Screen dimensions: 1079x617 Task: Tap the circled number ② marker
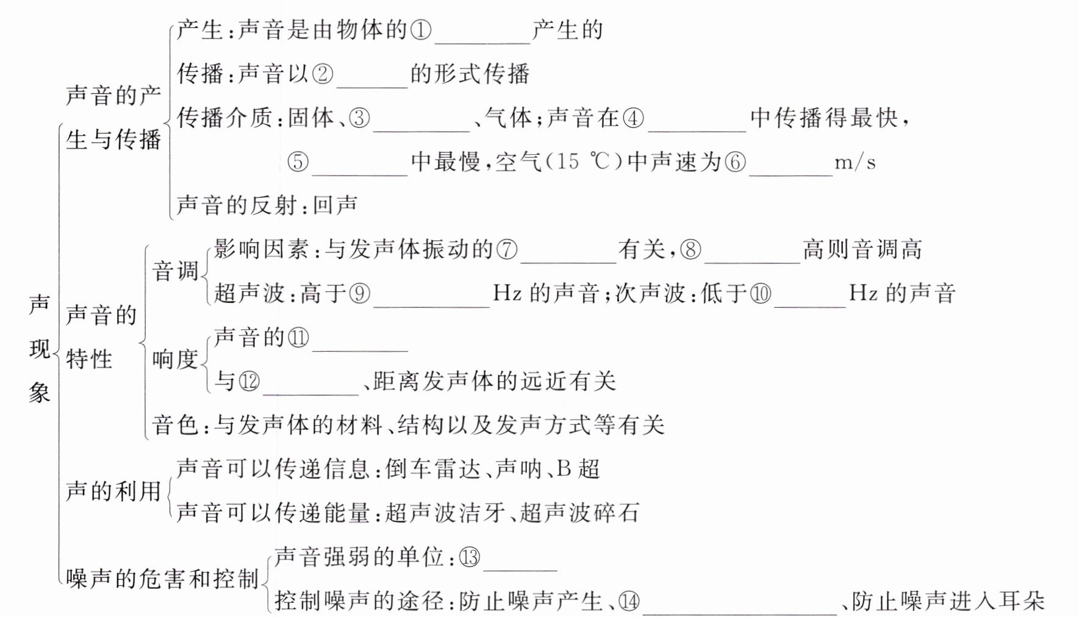[323, 74]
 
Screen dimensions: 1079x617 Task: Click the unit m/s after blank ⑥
[855, 162]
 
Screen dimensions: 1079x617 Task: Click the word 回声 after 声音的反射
[335, 205]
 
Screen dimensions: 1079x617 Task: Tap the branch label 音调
[175, 271]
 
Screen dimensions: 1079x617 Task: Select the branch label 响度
[175, 359]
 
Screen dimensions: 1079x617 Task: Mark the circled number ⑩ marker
[760, 294]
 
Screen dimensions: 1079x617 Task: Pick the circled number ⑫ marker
[249, 382]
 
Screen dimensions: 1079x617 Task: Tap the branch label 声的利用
[113, 491]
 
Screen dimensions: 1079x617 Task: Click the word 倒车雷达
[433, 469]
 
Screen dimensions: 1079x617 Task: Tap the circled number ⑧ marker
[690, 250]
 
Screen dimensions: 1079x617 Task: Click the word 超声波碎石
[579, 513]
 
